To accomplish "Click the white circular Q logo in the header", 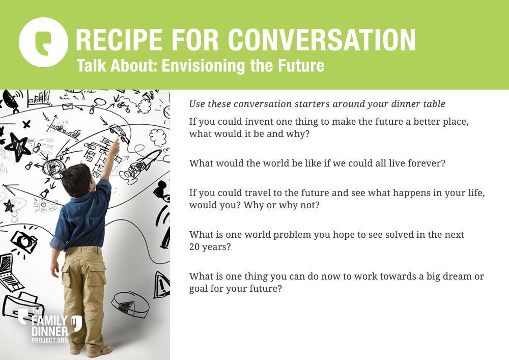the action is pyautogui.click(x=43, y=42).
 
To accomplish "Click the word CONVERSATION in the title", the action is pyautogui.click(x=322, y=40).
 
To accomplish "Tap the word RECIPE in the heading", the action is pyautogui.click(x=119, y=40).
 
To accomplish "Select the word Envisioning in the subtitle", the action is pyautogui.click(x=204, y=66).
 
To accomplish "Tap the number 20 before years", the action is pyautogui.click(x=194, y=247).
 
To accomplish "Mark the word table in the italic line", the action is pyautogui.click(x=434, y=104).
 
